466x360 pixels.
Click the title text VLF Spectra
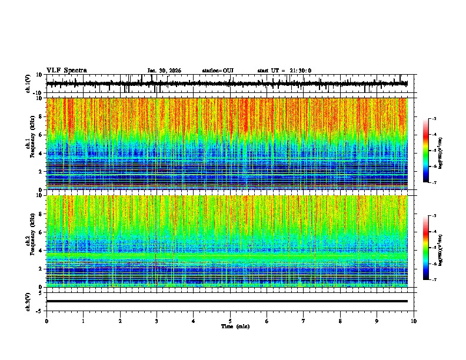click(x=66, y=70)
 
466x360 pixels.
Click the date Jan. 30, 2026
click(x=164, y=71)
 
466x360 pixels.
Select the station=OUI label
click(x=218, y=71)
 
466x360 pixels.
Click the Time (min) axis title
click(x=235, y=326)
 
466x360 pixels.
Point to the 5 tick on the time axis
click(x=230, y=321)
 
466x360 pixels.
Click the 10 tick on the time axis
click(x=414, y=321)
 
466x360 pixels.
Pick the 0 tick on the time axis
click(x=46, y=321)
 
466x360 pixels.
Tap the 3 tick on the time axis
click(x=157, y=321)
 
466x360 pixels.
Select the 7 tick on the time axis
click(x=304, y=321)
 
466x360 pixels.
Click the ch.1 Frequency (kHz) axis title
click(x=30, y=144)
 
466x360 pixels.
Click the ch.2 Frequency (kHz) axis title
click(x=30, y=241)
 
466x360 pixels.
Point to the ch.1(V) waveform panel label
click(x=28, y=84)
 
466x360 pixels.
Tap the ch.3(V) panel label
click(x=28, y=301)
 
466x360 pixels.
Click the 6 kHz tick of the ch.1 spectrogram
click(x=40, y=135)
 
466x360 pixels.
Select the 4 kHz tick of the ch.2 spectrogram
click(x=40, y=251)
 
